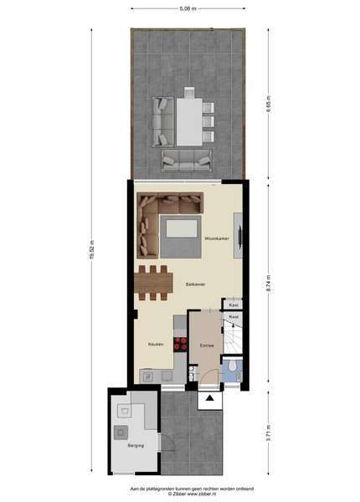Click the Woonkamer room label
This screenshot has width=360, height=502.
[x=217, y=238]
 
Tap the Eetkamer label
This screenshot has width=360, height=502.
[x=195, y=284]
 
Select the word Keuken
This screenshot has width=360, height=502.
[x=156, y=344]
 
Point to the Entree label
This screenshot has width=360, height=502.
[x=207, y=346]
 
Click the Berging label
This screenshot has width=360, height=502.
[x=136, y=446]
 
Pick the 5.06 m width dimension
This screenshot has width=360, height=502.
[x=188, y=9]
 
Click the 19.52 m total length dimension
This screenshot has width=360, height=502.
[x=91, y=249]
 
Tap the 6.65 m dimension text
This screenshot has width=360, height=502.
[x=269, y=104]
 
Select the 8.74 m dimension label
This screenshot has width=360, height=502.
[x=269, y=284]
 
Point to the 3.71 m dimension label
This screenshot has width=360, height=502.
[x=269, y=433]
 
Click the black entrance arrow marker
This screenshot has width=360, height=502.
[x=210, y=398]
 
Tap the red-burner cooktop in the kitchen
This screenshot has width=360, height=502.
[x=180, y=344]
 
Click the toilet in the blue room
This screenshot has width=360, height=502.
[x=233, y=365]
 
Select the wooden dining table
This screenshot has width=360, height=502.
[x=153, y=283]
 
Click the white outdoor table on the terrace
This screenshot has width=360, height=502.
[x=189, y=122]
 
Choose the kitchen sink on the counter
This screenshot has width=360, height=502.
[x=148, y=377]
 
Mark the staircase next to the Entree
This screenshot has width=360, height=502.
[x=233, y=337]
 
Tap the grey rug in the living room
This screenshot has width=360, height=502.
[x=181, y=237]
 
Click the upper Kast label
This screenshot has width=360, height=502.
[x=234, y=305]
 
